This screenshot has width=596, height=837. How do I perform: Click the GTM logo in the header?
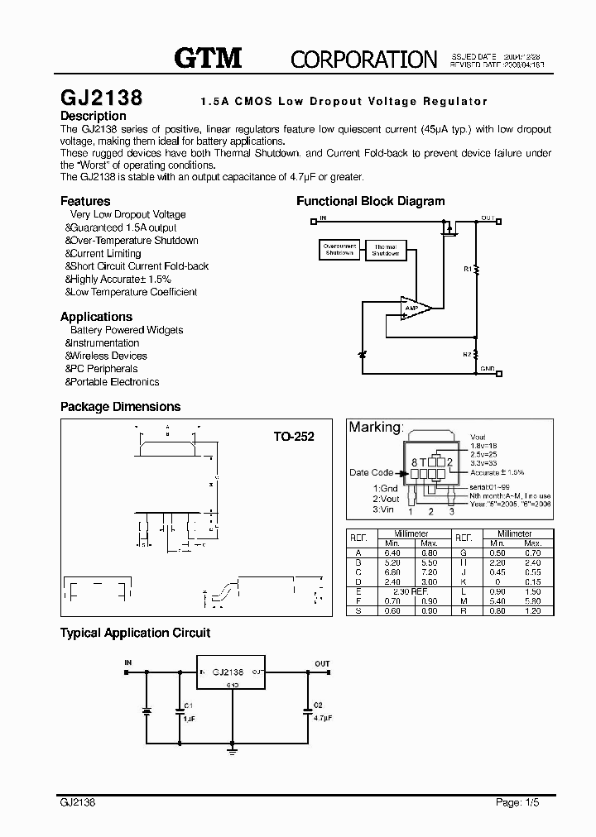(208, 57)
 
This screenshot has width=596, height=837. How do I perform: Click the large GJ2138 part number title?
(102, 98)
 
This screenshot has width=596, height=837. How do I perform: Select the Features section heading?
(85, 201)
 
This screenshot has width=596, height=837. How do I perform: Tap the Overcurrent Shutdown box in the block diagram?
(339, 249)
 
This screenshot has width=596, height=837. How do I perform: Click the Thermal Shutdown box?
(385, 250)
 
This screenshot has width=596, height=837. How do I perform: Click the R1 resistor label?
(467, 269)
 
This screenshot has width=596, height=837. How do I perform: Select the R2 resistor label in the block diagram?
(467, 354)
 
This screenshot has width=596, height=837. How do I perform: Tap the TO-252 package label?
(294, 436)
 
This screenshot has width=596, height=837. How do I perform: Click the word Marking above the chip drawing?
(375, 428)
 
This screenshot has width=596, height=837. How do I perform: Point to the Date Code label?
(371, 473)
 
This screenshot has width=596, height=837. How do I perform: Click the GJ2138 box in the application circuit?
(232, 672)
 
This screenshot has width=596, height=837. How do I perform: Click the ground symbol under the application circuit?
(232, 751)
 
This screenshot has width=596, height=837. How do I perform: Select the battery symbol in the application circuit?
(147, 710)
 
